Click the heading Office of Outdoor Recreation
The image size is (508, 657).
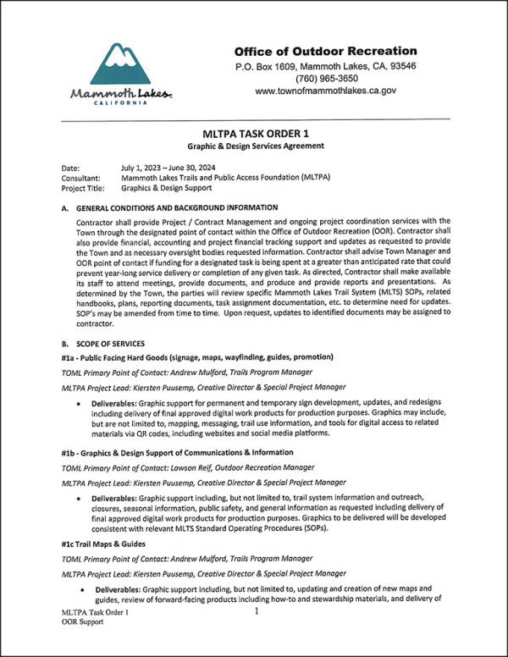click(x=325, y=51)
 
